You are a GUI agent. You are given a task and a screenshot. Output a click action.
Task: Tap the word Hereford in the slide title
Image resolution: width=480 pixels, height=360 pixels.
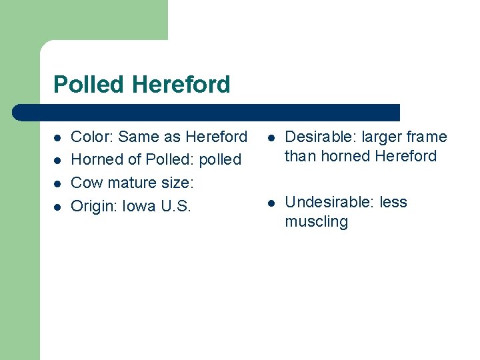pos(181,85)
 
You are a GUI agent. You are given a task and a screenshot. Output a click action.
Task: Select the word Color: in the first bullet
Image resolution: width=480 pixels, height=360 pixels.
pos(92,137)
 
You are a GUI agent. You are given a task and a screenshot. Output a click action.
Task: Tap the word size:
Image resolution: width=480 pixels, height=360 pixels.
pos(175,183)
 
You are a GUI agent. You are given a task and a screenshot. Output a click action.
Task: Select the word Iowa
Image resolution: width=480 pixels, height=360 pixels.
pos(137,206)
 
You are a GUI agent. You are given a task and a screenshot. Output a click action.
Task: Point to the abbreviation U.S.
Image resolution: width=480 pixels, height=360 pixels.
pos(175,206)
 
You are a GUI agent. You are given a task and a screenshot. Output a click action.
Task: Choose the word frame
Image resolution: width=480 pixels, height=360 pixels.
pos(427,137)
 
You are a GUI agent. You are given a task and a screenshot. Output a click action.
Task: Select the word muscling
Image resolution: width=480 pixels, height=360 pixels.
pos(316,222)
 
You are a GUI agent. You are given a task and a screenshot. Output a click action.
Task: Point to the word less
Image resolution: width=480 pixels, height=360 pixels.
pos(393,203)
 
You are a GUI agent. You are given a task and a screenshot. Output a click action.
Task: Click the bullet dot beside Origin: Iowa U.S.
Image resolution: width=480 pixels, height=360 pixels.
pos(58,207)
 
